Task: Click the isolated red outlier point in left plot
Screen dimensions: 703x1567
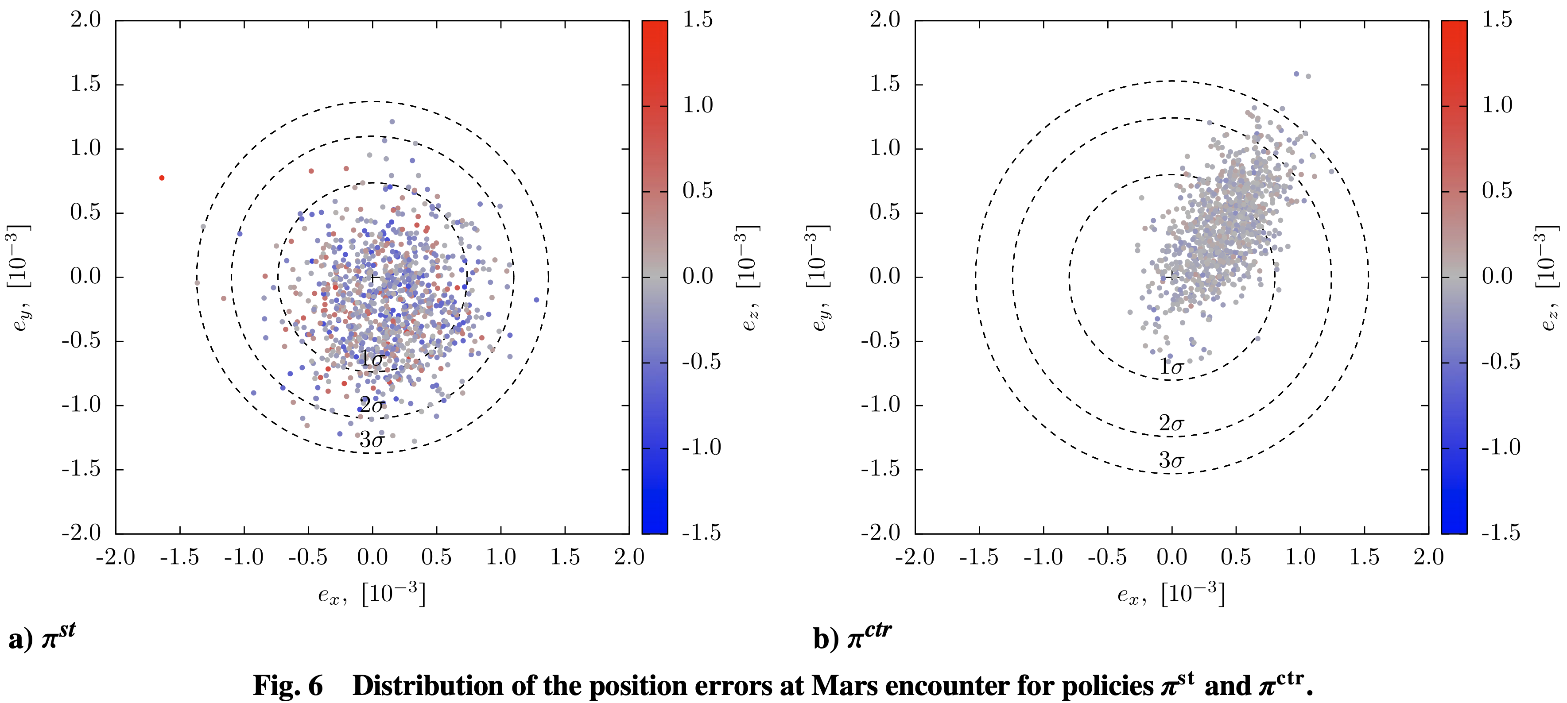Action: pos(162,178)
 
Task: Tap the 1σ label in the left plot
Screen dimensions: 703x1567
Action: pos(371,359)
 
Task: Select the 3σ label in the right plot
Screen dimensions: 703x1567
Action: pos(1171,460)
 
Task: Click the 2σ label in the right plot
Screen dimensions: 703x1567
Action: pos(1171,423)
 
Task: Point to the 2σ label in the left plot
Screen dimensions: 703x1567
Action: pos(371,405)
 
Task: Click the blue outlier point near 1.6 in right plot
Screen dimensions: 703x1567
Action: pos(1296,74)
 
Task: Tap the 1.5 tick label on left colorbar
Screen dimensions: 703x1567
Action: pos(697,20)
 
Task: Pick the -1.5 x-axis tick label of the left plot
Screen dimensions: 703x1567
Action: pos(179,556)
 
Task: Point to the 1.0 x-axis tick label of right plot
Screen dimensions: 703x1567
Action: pos(1300,556)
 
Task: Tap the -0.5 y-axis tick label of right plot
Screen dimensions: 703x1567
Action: pos(880,340)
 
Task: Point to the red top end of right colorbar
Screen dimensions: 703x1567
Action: pos(1454,27)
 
